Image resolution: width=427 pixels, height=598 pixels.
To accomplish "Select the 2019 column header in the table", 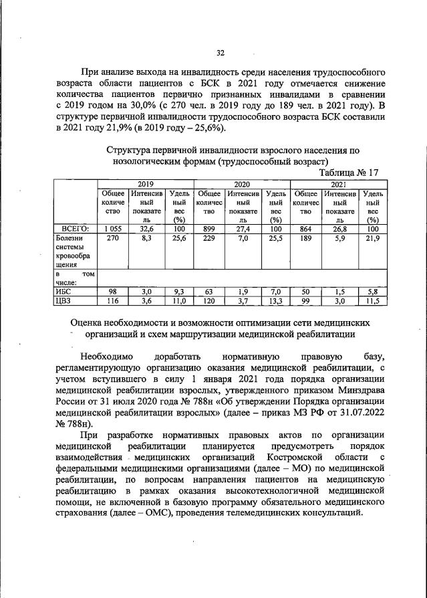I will pos(145,183).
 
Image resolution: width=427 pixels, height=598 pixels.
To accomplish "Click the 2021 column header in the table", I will pos(338,183).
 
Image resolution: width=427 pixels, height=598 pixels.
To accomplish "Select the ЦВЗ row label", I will pos(64,302).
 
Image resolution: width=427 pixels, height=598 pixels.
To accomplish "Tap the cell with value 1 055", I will pos(112,229).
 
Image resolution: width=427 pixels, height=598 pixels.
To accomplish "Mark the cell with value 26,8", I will pos(340,229).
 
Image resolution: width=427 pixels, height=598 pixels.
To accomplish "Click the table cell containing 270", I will pos(112,238).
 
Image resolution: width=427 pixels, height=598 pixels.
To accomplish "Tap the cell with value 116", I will pos(112,302).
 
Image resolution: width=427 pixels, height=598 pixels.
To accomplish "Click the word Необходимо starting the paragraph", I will pos(110,356).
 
